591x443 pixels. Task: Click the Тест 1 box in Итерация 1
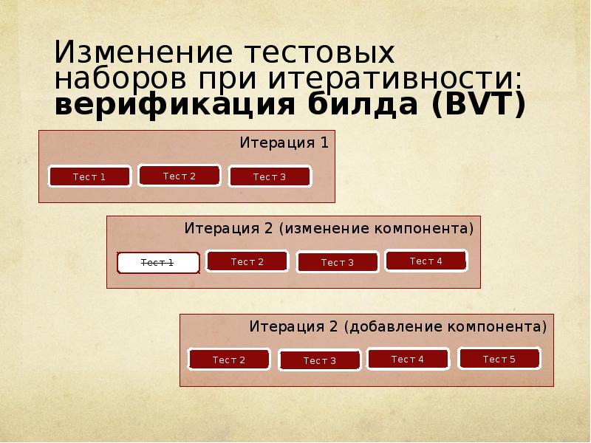tap(89, 176)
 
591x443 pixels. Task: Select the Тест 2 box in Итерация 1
tap(180, 176)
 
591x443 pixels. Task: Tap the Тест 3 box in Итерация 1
tap(270, 176)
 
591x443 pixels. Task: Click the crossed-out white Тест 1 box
tap(158, 263)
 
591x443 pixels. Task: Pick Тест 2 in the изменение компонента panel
tap(247, 261)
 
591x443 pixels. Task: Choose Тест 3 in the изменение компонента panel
tap(338, 262)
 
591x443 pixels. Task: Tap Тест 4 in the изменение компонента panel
tap(426, 261)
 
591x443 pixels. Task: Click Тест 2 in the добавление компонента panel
tap(229, 360)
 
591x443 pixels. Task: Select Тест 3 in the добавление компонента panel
tap(319, 360)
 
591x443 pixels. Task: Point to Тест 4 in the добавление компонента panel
tap(408, 359)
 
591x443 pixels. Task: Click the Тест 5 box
tap(499, 359)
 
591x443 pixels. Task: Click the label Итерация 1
tap(284, 142)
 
